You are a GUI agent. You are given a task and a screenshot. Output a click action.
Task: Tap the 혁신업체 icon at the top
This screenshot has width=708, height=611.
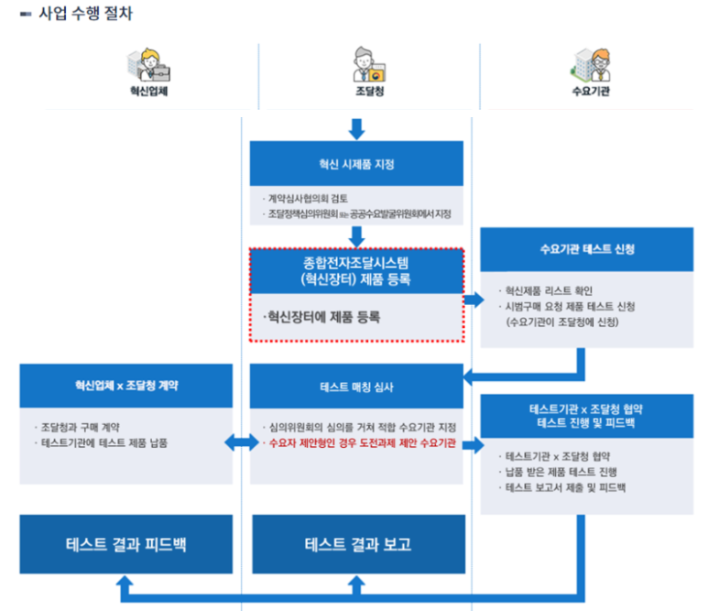(x=147, y=64)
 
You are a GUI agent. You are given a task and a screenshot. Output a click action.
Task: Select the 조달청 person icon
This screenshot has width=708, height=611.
(x=366, y=64)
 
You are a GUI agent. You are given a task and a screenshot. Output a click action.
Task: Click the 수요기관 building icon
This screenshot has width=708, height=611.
(x=589, y=64)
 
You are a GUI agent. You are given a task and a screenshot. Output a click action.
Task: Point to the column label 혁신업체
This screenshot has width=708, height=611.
(x=147, y=93)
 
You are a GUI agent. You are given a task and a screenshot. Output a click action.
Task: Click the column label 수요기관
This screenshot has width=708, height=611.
(x=590, y=93)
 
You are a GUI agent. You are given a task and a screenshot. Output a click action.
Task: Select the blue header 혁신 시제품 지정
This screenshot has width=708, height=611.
(x=356, y=165)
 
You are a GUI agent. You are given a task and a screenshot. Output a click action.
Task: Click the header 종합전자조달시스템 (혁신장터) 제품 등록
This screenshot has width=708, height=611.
(x=356, y=271)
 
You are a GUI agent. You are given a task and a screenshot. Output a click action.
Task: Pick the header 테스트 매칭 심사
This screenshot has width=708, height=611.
(x=356, y=387)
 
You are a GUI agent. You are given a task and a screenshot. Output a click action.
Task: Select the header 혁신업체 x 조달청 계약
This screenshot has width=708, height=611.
(x=126, y=386)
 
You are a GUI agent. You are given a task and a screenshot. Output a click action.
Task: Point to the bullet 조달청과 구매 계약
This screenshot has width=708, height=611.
(x=82, y=428)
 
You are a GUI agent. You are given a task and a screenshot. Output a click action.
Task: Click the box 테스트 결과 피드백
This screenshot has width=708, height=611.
(x=126, y=543)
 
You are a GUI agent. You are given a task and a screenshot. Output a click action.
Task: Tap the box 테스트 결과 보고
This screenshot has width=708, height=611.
(x=358, y=543)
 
